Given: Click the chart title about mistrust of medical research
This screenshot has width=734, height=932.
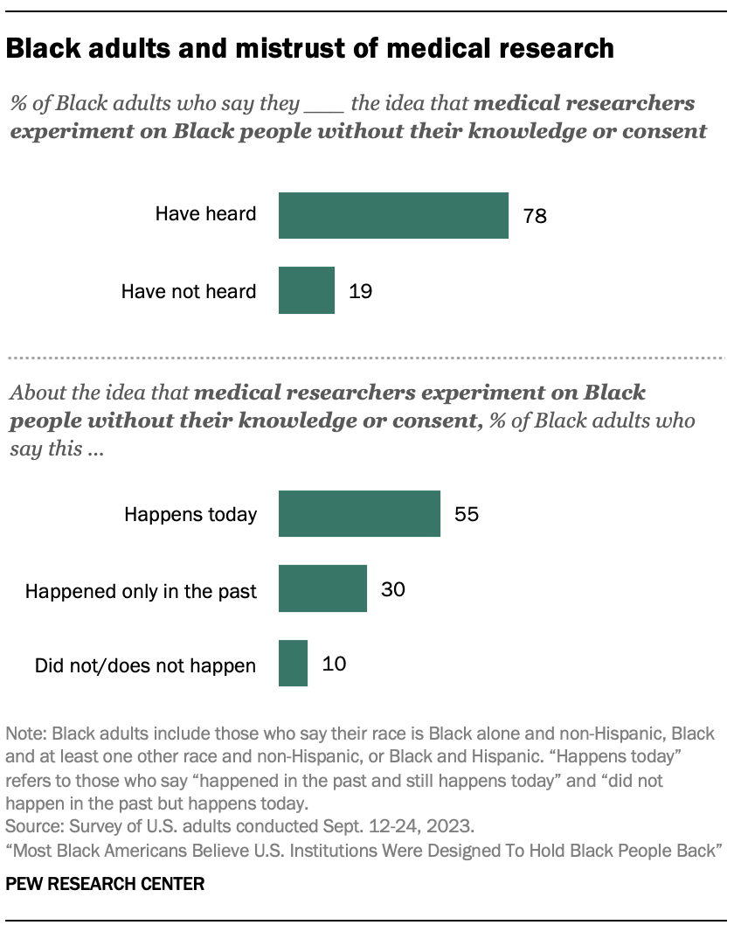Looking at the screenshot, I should (x=309, y=49).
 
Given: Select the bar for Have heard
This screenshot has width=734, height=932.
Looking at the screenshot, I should (x=393, y=215).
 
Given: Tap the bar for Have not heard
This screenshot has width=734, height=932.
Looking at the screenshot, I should (x=306, y=290).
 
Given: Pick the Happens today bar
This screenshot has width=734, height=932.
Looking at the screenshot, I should (x=359, y=513).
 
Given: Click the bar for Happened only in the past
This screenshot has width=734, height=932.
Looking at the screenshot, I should (x=322, y=588).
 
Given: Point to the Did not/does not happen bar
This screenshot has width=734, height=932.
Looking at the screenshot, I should (x=293, y=664).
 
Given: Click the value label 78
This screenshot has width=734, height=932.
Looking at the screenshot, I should (x=535, y=216).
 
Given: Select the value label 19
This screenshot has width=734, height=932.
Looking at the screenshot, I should (x=360, y=291).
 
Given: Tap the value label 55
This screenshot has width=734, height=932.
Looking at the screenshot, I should (x=467, y=514).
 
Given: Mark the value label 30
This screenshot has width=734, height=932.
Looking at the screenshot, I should (x=393, y=589).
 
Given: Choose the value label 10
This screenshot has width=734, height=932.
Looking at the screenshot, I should (x=334, y=664).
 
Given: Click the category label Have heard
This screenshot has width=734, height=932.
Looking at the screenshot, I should (x=205, y=213).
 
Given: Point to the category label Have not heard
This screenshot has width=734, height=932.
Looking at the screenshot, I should (x=189, y=291).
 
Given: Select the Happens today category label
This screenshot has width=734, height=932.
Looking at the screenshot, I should (x=190, y=514).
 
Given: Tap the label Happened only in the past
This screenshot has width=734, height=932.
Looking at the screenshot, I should (x=141, y=591).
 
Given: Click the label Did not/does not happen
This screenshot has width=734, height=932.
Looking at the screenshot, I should (x=145, y=666).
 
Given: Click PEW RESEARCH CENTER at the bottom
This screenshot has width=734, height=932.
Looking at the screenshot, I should (x=105, y=884).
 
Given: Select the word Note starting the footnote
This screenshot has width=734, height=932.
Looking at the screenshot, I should (x=23, y=733).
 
